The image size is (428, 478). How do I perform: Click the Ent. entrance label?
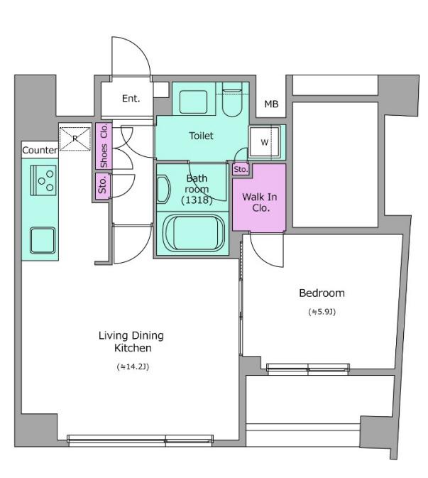pyautogui.click(x=131, y=99)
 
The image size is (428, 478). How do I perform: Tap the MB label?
pyautogui.click(x=271, y=104)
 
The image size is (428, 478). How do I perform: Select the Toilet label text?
pyautogui.click(x=201, y=136)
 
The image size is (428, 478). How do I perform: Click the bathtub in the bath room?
pyautogui.click(x=194, y=232)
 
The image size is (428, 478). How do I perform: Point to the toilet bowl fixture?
pyautogui.click(x=232, y=100)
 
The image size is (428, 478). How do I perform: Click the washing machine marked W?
pyautogui.click(x=264, y=142)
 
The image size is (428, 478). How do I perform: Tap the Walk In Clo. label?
pyautogui.click(x=260, y=202)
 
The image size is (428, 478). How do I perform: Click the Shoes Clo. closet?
pyautogui.click(x=104, y=146)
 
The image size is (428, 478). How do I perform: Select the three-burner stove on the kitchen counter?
pyautogui.click(x=43, y=180)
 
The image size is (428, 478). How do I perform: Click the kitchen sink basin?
pyautogui.click(x=43, y=241)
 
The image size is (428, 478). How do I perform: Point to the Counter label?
pyautogui.click(x=40, y=150)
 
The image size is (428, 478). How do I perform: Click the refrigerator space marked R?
pyautogui.click(x=75, y=138)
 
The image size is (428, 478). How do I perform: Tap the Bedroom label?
pyautogui.click(x=322, y=293)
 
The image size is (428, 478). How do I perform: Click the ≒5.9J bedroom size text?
pyautogui.click(x=322, y=312)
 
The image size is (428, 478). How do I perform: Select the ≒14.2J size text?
pyautogui.click(x=133, y=366)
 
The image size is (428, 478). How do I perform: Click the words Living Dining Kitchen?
pyautogui.click(x=131, y=342)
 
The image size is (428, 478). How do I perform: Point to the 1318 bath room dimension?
pyautogui.click(x=197, y=200)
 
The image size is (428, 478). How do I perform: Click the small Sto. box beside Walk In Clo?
pyautogui.click(x=241, y=169)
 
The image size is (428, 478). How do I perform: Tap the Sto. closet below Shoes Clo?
pyautogui.click(x=102, y=186)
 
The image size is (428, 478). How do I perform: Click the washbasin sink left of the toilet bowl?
pyautogui.click(x=194, y=102)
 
